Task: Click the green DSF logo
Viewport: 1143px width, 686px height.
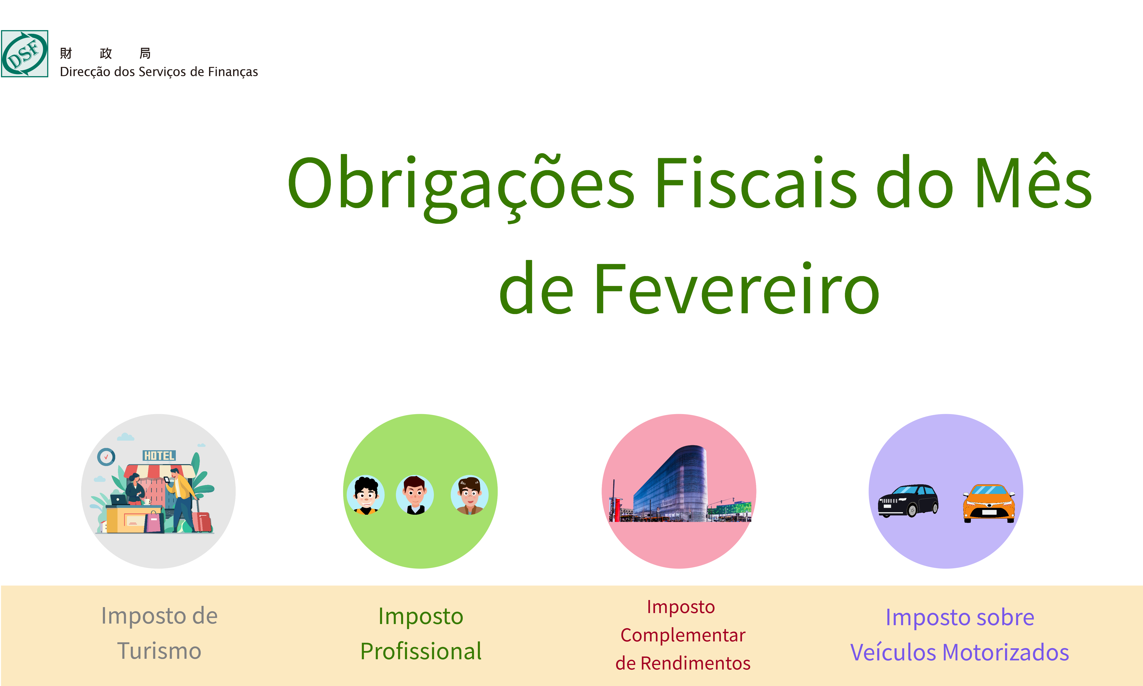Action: (x=24, y=54)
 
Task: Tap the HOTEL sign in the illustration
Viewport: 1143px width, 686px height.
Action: (x=159, y=456)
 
